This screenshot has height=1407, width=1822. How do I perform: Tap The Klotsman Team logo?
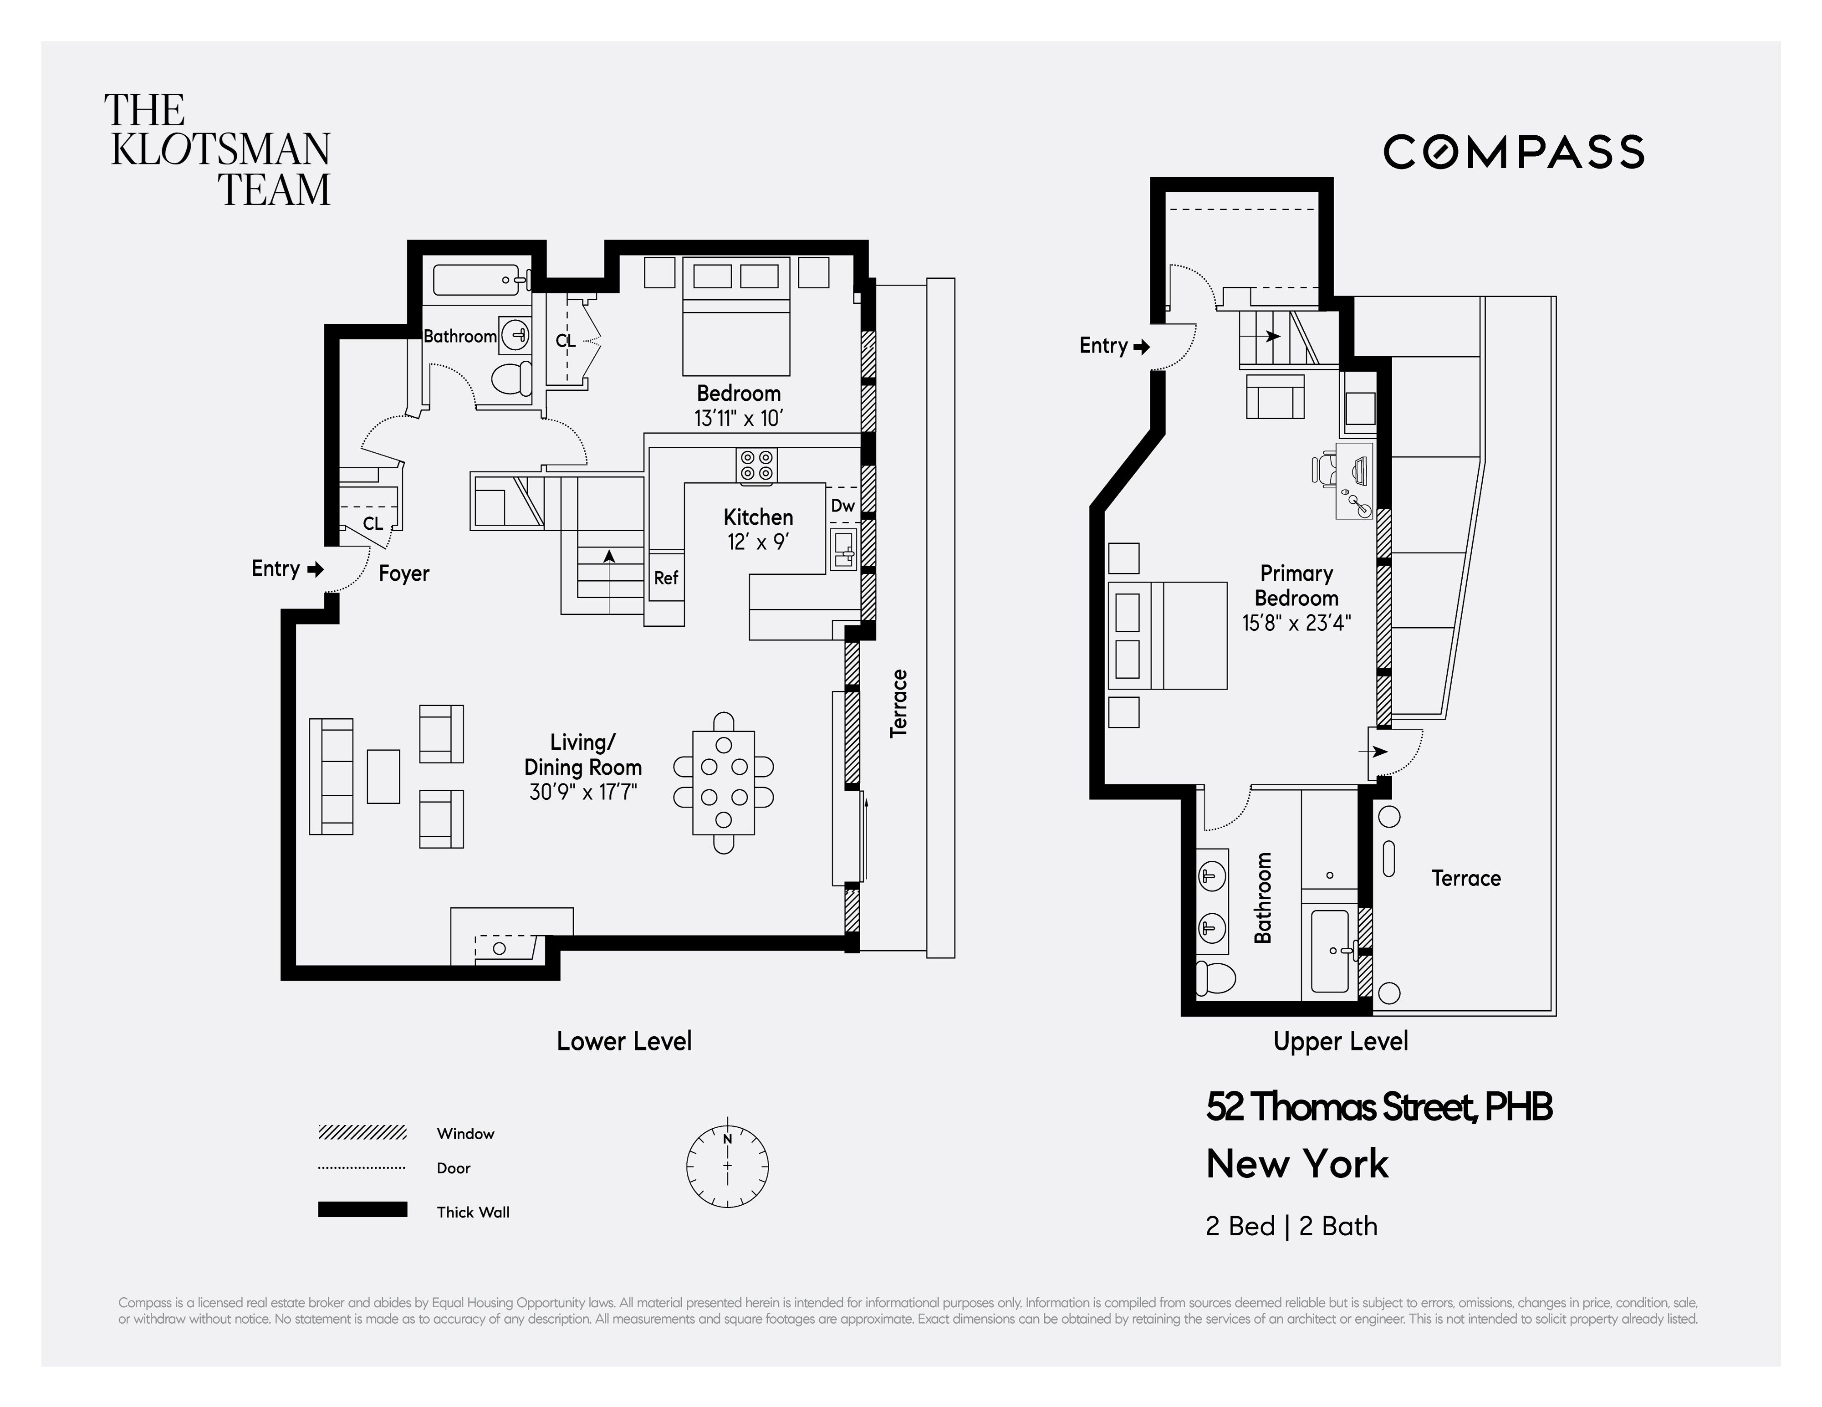(219, 150)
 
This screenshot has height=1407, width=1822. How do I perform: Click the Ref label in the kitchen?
(666, 578)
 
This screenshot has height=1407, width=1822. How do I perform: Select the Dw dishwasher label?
(842, 506)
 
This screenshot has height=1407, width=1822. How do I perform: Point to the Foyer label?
(404, 573)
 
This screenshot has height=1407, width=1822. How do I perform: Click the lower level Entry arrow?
(315, 569)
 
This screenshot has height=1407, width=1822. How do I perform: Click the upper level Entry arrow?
(1141, 346)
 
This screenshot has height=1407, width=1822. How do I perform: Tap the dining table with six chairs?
(723, 782)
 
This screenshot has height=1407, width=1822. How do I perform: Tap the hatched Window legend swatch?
(362, 1132)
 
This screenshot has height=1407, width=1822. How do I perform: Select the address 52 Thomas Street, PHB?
(1378, 1107)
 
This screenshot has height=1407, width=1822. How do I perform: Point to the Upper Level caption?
(1340, 1042)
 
